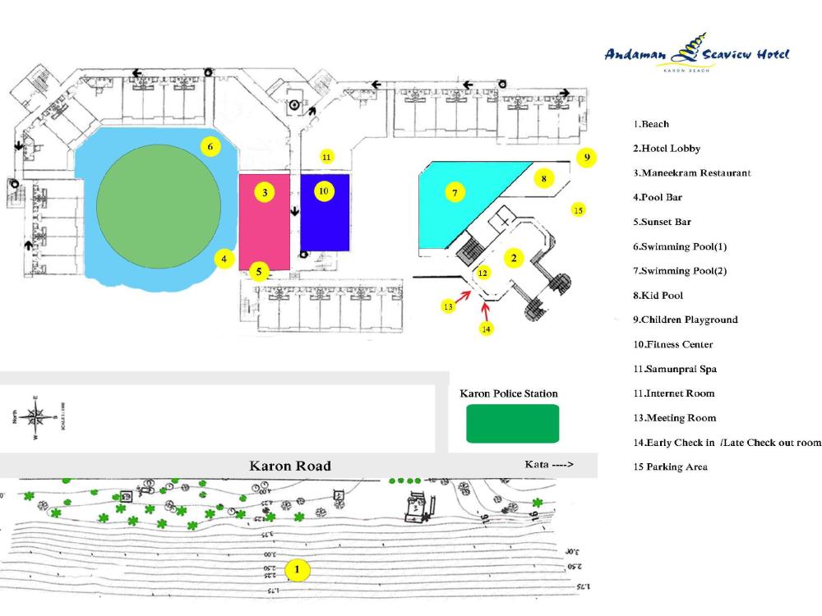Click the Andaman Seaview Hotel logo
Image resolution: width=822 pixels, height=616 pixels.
point(696,53)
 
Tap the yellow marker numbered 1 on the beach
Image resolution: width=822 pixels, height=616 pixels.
point(298,568)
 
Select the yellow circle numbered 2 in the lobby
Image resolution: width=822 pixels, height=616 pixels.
point(513,258)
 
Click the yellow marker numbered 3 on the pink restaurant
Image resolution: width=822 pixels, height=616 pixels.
point(265,192)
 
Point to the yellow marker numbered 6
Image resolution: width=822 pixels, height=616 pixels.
point(210,147)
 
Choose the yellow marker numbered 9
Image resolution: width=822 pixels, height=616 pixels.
point(586,157)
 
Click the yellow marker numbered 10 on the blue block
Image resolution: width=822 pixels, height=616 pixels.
point(324,191)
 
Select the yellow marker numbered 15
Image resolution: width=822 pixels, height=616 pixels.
point(579,210)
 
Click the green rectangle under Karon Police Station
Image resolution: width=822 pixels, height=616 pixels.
point(512,423)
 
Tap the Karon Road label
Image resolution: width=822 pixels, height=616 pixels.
point(290,466)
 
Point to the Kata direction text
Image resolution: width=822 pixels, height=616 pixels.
point(549,465)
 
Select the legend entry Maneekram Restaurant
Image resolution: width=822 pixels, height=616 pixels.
point(691,173)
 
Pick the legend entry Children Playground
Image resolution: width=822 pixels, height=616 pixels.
point(685,319)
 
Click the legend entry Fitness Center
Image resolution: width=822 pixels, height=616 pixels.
point(672,344)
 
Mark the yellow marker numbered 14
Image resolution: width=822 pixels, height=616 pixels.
point(486,328)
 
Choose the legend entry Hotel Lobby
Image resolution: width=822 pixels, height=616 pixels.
point(667,149)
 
